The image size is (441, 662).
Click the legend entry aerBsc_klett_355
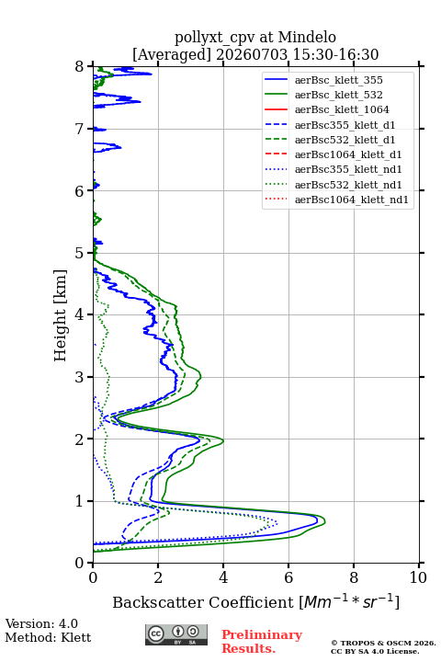338,80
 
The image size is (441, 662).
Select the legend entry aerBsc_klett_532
338,95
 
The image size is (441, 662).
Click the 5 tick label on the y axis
80,253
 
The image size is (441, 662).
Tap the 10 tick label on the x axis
418,577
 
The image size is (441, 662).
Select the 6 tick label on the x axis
288,577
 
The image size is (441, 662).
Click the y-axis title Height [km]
61,315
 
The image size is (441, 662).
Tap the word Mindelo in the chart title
307,37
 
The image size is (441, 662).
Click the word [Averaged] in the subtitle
171,54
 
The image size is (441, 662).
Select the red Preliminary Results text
262,642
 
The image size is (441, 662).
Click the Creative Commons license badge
176,635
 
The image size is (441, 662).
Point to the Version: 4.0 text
41,623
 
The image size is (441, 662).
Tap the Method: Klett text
48,637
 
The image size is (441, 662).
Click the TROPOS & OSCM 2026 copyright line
383,643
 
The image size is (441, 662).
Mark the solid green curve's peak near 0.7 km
325,522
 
